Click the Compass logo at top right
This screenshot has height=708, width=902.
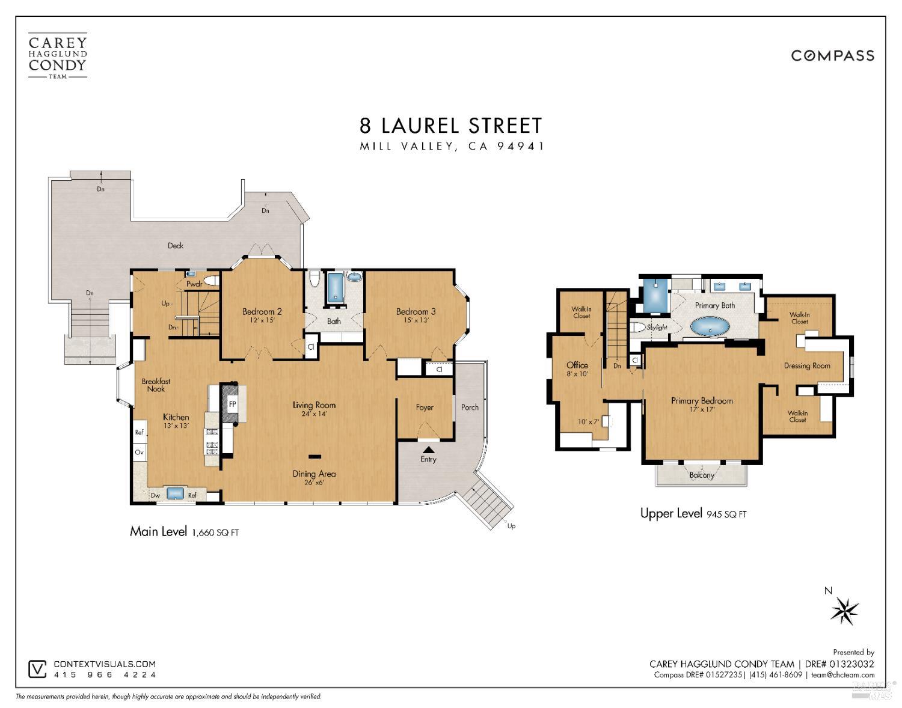click(832, 56)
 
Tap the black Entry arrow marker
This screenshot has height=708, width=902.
click(428, 448)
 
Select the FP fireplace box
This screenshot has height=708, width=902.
click(232, 404)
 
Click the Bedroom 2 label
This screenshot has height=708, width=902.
click(262, 311)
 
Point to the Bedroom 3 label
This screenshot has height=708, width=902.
click(416, 311)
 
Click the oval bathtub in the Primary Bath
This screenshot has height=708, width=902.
click(710, 327)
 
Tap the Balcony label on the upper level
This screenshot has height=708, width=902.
click(701, 475)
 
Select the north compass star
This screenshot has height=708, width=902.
click(844, 611)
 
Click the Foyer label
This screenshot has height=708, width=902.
click(425, 407)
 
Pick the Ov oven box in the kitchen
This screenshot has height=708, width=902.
click(139, 452)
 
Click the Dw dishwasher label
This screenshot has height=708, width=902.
click(155, 495)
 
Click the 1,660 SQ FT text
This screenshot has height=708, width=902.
click(215, 533)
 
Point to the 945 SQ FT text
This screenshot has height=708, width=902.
click(726, 514)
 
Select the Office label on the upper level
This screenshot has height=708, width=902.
click(577, 365)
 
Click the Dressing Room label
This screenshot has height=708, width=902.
click(806, 365)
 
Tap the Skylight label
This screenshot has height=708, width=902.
click(657, 328)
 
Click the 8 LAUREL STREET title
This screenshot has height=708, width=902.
click(451, 126)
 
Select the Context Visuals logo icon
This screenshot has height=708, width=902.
click(37, 669)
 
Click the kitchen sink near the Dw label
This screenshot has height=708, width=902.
click(175, 493)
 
